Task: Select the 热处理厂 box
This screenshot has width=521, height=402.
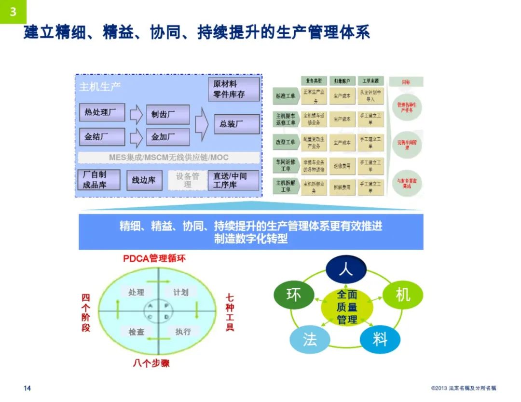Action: (101, 112)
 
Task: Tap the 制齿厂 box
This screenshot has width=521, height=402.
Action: (167, 114)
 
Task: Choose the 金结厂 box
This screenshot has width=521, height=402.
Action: (101, 137)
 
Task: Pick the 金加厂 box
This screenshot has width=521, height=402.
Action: (167, 137)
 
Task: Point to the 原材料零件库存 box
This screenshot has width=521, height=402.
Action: (233, 89)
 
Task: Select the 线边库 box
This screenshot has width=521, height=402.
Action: (144, 180)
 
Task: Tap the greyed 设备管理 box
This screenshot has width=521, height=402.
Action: (187, 180)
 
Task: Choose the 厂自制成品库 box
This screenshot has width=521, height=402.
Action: (98, 180)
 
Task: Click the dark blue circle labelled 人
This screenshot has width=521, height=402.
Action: (346, 270)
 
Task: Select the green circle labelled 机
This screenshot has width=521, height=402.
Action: (402, 295)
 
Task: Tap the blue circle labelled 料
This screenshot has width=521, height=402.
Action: (380, 339)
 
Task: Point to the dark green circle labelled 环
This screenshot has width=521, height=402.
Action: (293, 295)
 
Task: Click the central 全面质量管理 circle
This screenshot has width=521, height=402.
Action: (347, 307)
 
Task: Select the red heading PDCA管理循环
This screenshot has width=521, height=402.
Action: (154, 258)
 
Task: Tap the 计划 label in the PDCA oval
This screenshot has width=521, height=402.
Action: (181, 292)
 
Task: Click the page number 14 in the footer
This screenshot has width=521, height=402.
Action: (27, 389)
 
